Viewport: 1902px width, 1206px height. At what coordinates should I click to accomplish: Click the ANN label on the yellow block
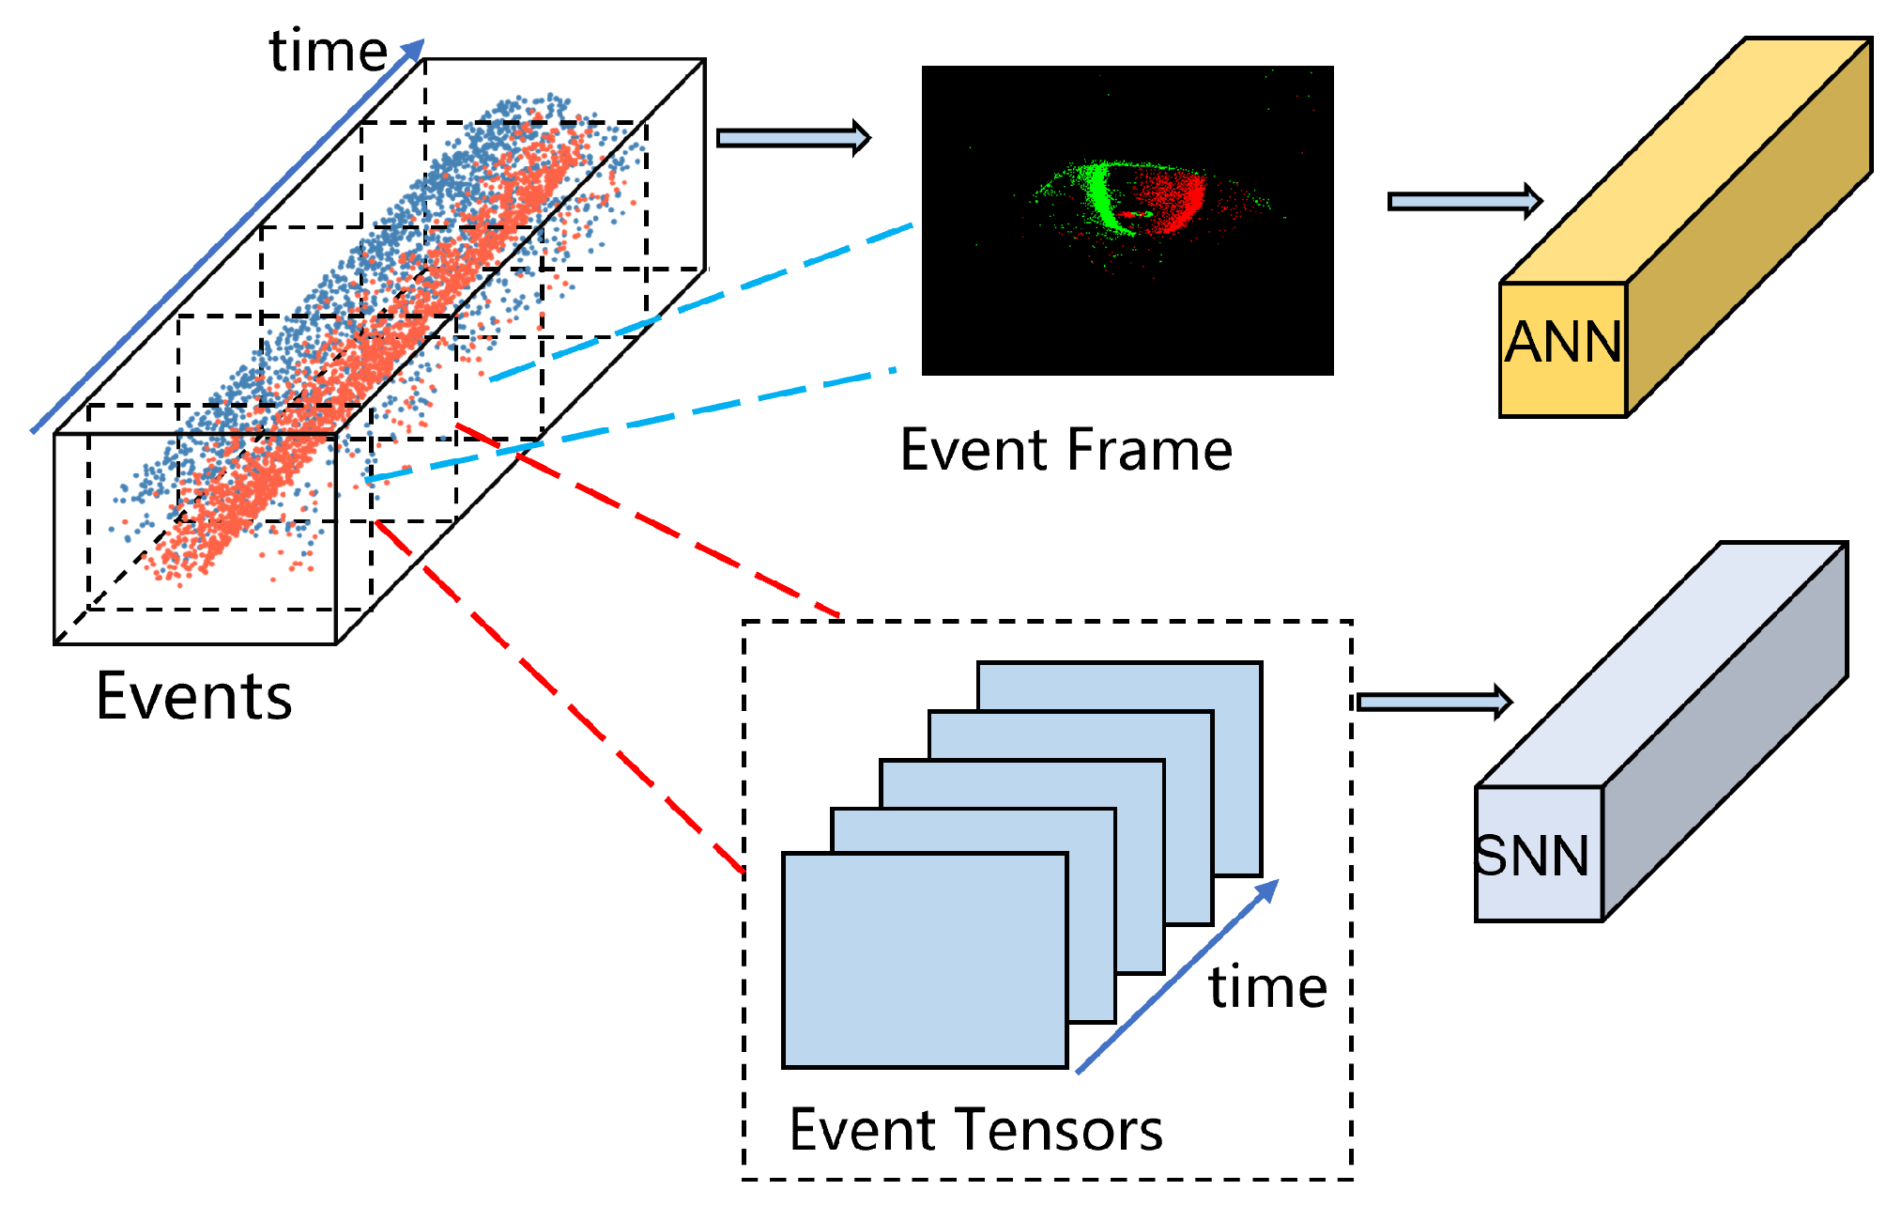[x=1563, y=343]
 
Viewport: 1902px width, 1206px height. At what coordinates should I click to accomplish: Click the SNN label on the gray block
[x=1532, y=856]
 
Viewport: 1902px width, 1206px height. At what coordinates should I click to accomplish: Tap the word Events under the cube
[x=194, y=697]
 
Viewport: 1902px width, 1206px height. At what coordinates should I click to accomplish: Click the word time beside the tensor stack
[x=1267, y=988]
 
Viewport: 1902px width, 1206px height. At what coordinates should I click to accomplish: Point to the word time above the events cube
[x=328, y=51]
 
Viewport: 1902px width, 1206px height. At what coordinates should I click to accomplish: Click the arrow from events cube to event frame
[x=793, y=138]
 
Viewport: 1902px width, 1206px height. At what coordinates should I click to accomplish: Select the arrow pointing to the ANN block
[x=1465, y=201]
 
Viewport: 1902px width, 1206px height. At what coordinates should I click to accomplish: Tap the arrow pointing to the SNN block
[x=1434, y=702]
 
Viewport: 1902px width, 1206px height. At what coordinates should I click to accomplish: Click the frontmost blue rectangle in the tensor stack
[x=925, y=960]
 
